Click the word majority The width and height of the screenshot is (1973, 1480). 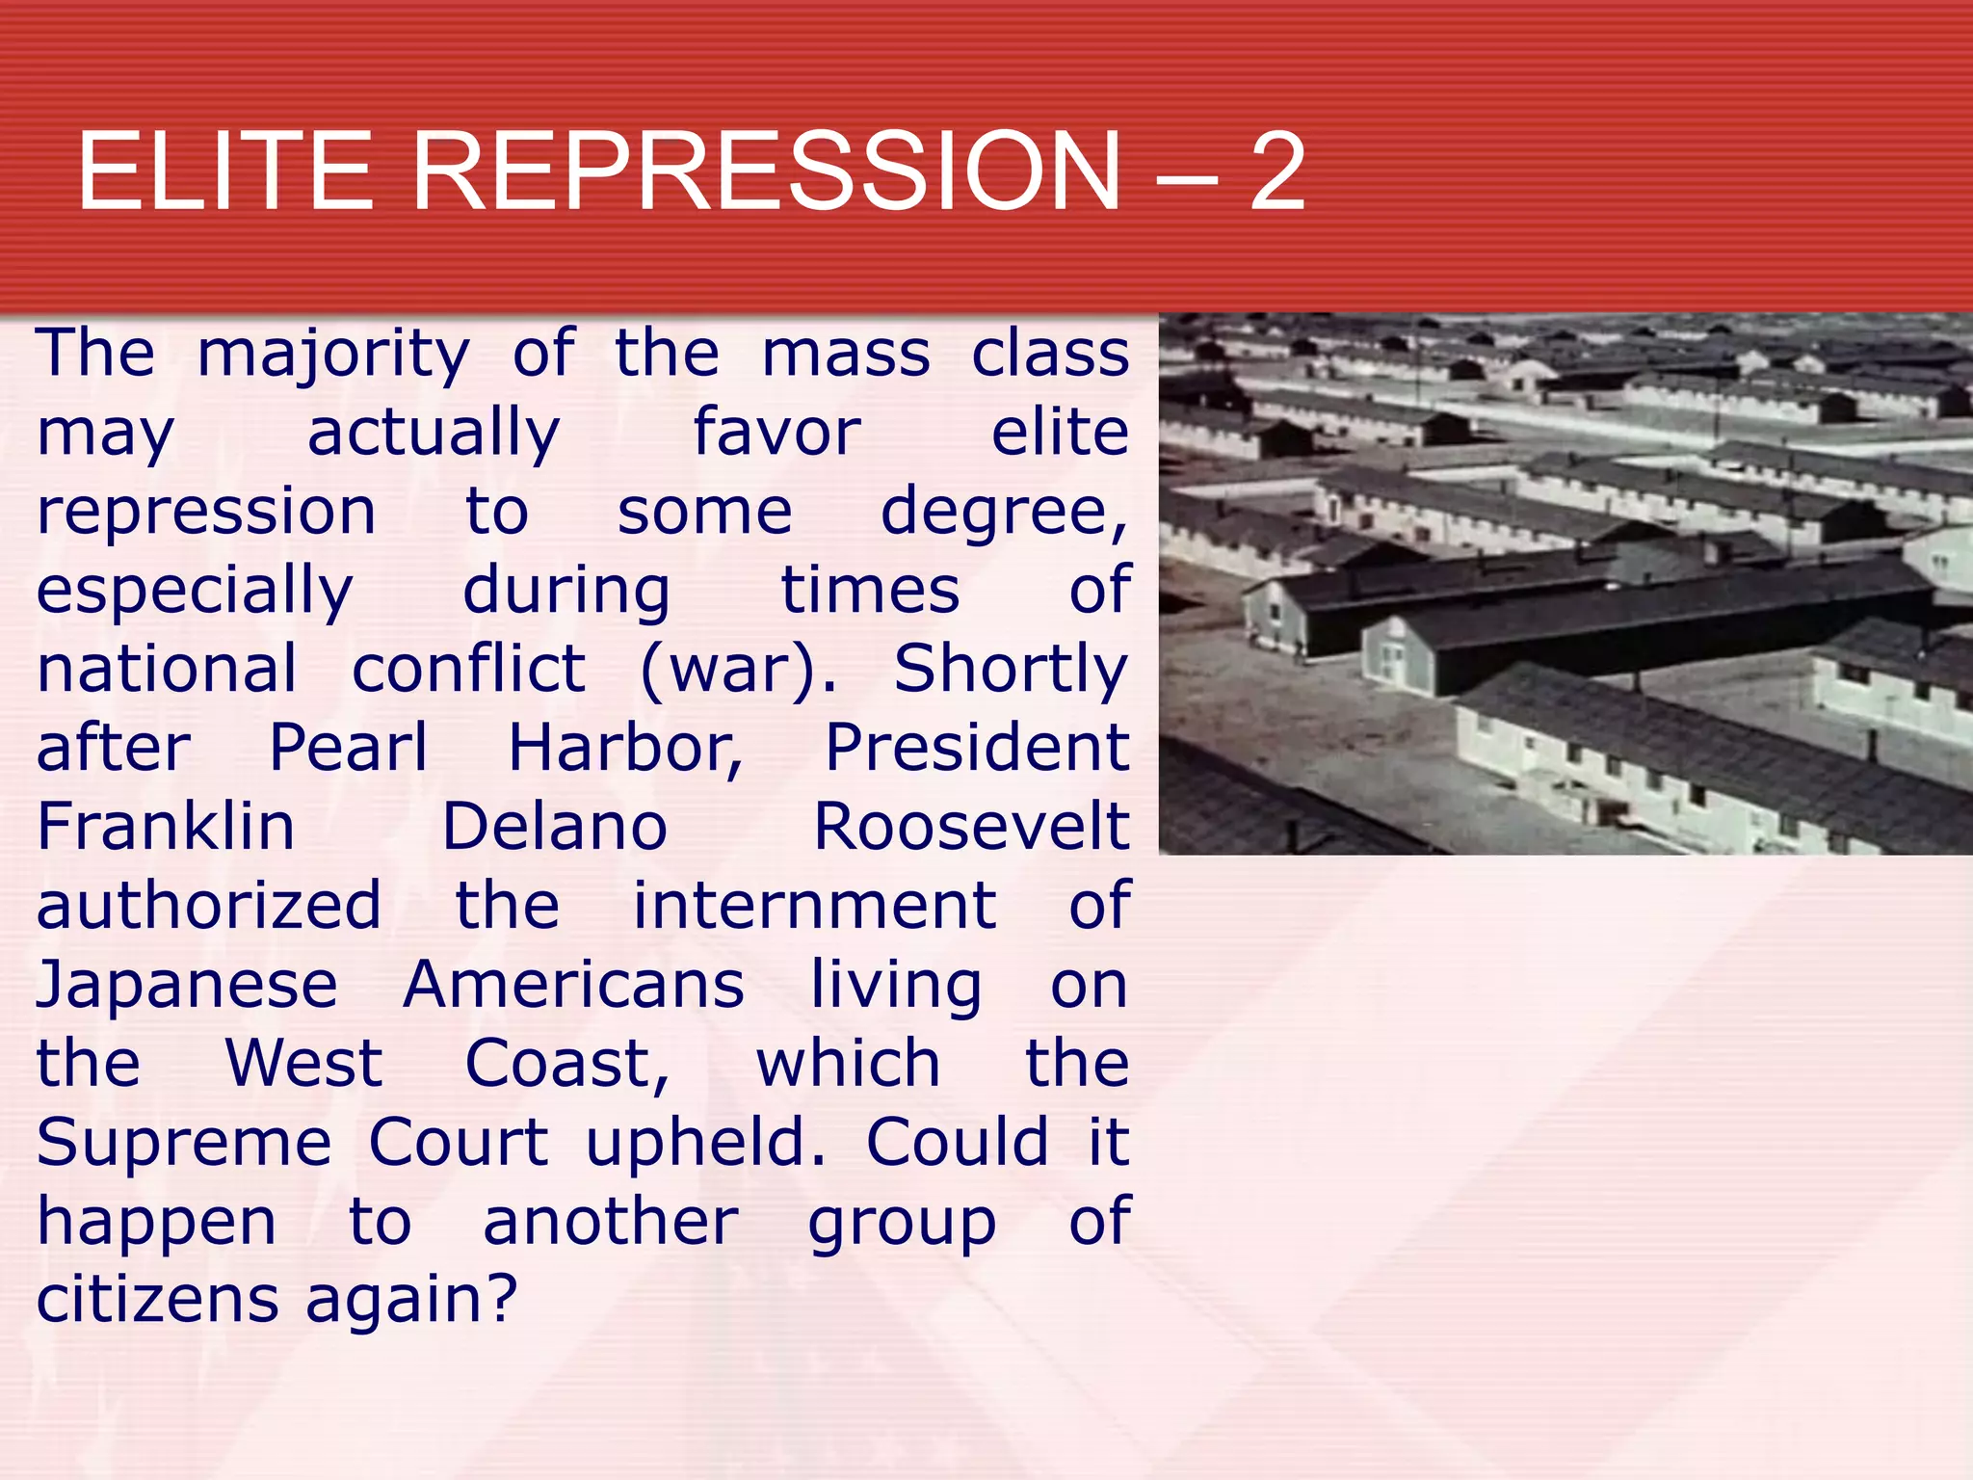pos(333,355)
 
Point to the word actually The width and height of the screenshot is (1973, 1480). pos(434,433)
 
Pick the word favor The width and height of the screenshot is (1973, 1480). pos(776,433)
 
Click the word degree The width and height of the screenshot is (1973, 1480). pos(1003,512)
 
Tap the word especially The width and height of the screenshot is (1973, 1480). pos(195,591)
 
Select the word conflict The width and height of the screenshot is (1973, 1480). pos(468,669)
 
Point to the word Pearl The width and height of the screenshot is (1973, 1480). pos(348,748)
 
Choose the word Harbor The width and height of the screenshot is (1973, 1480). pos(625,748)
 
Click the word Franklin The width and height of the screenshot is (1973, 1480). pos(166,827)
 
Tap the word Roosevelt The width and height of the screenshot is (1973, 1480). pos(971,827)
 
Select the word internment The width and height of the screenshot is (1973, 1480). pos(814,906)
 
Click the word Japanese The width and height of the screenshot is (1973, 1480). pos(187,985)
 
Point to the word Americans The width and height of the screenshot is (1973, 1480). pos(573,985)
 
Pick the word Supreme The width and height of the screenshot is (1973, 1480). pos(184,1143)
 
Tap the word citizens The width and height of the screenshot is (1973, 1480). pos(158,1299)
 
